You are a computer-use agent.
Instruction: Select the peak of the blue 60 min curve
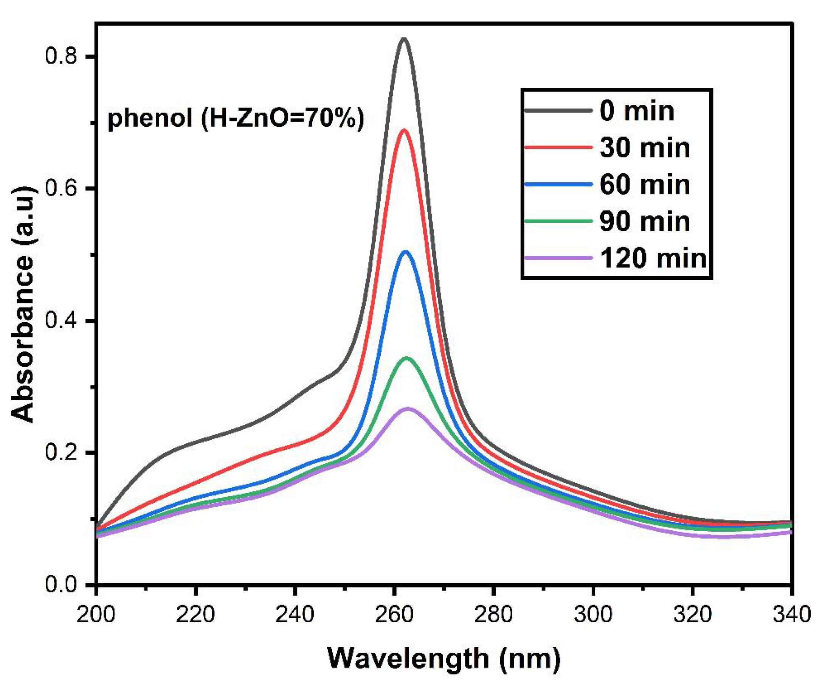[x=405, y=252]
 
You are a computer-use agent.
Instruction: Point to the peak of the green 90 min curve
[x=406, y=358]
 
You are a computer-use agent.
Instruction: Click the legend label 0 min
[x=637, y=111]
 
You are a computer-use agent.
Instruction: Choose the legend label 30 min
[x=645, y=148]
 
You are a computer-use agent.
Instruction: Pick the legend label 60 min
[x=645, y=185]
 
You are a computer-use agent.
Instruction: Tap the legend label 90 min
[x=645, y=222]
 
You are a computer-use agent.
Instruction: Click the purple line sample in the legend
[x=558, y=258]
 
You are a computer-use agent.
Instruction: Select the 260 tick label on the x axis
[x=394, y=614]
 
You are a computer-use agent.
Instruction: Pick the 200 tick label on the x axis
[x=96, y=614]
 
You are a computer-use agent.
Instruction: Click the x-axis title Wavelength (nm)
[x=444, y=658]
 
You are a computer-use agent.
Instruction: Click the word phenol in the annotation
[x=150, y=118]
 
